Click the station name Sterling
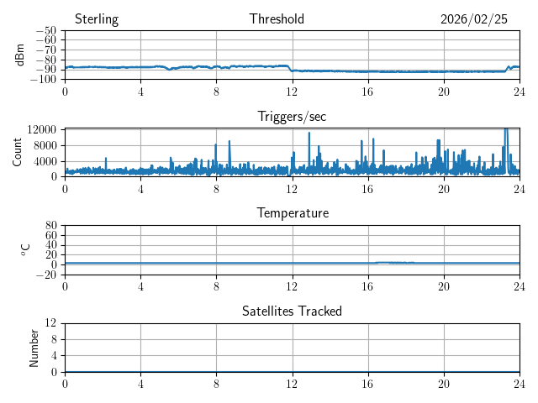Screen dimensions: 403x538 pyautogui.click(x=96, y=19)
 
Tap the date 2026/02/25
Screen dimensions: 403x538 pyautogui.click(x=474, y=19)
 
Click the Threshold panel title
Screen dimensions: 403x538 pyautogui.click(x=277, y=19)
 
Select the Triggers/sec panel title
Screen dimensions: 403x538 pyautogui.click(x=292, y=117)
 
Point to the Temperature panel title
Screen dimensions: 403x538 pyautogui.click(x=292, y=213)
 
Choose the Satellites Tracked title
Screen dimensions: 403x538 pyautogui.click(x=292, y=311)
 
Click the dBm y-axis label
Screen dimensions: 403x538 pyautogui.click(x=20, y=55)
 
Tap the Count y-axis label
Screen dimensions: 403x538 pyautogui.click(x=18, y=152)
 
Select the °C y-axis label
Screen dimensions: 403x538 pyautogui.click(x=25, y=249)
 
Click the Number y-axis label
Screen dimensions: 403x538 pyautogui.click(x=34, y=348)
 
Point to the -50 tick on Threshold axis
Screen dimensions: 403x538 pyautogui.click(x=46, y=31)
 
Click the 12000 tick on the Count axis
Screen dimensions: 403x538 pyautogui.click(x=41, y=129)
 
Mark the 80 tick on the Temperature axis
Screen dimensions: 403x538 pyautogui.click(x=51, y=226)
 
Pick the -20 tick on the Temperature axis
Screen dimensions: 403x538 pyautogui.click(x=47, y=275)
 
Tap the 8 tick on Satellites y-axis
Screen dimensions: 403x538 pyautogui.click(x=55, y=339)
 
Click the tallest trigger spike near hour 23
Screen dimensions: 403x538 pyautogui.click(x=506, y=131)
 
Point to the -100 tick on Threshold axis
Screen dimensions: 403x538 pyautogui.click(x=44, y=80)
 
